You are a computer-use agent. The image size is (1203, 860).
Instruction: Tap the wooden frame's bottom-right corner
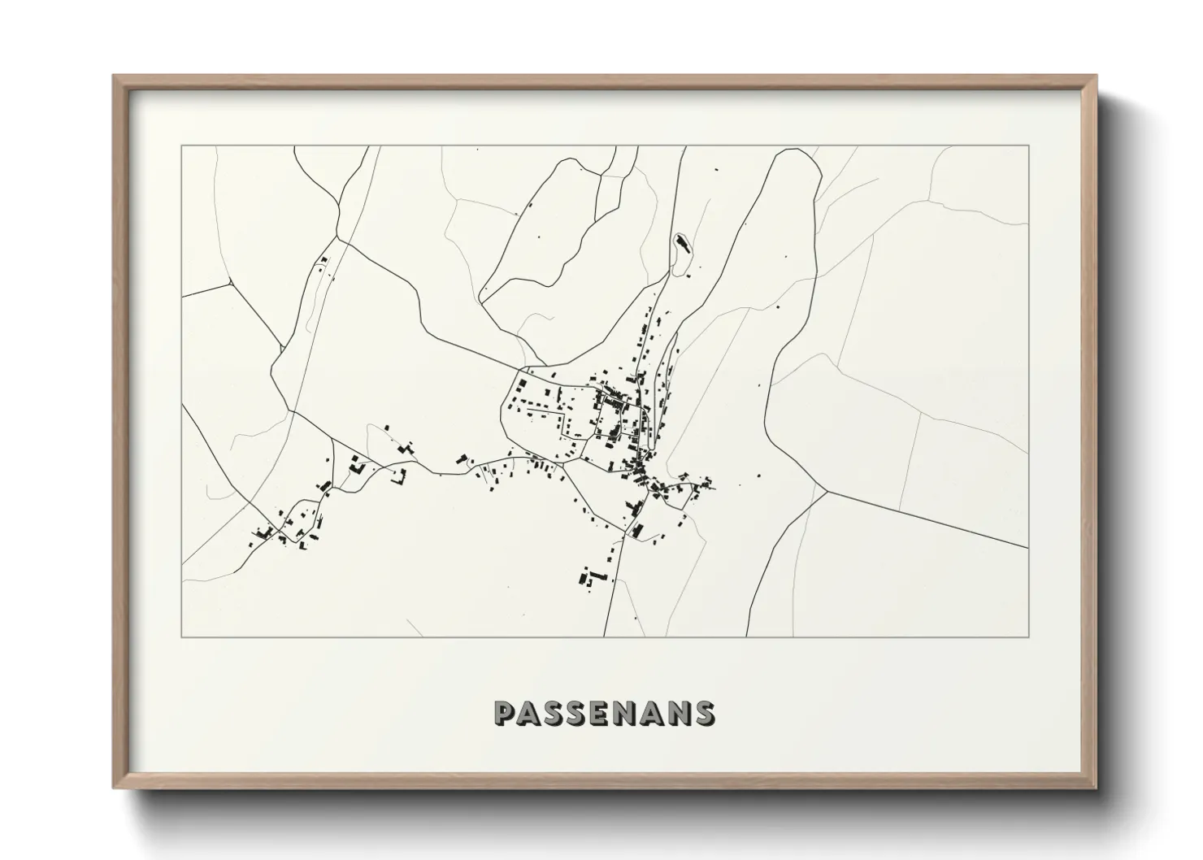pos(1096,789)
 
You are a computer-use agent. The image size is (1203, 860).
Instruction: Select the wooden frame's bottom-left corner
pos(115,789)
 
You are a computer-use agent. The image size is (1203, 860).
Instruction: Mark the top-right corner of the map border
pos(1029,146)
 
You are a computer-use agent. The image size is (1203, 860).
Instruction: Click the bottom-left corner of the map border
pos(182,636)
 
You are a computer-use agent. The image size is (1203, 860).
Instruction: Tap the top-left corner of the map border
pos(182,146)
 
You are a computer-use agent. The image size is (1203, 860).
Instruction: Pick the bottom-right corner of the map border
pos(1029,636)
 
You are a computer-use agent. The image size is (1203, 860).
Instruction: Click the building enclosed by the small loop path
pos(680,242)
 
